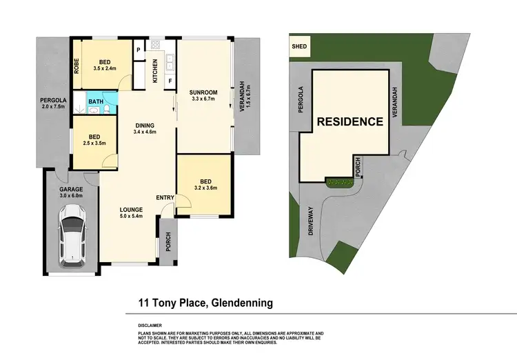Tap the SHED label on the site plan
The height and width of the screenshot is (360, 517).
(x=300, y=48)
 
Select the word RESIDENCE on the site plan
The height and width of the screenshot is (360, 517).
(x=349, y=122)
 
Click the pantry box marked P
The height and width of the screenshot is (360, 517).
(x=139, y=49)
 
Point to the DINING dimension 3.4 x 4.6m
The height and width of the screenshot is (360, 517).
(x=145, y=132)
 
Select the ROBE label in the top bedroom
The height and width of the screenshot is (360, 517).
(x=77, y=65)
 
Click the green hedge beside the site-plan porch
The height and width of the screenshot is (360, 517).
(x=338, y=182)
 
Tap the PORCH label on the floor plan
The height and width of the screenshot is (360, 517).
(x=168, y=241)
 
